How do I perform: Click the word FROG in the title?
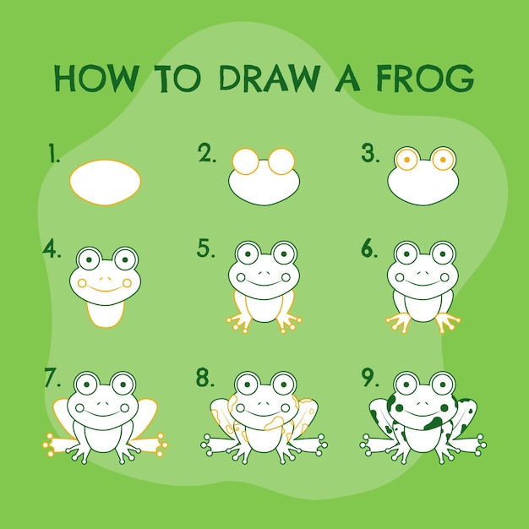pos(425,79)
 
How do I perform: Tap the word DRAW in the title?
pos(270,79)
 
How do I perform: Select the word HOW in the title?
pos(97,79)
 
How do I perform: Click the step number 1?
pos(53,153)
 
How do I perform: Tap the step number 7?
pos(52,378)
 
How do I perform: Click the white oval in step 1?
pos(106,183)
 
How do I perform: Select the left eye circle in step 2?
pos(245,161)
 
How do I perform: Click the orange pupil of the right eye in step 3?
pos(443,160)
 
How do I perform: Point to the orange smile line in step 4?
pos(105,288)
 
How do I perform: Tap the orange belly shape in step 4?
pos(106,314)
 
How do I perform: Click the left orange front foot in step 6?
pos(399,322)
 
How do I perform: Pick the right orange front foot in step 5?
pos(289,323)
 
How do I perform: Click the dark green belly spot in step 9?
pos(434,423)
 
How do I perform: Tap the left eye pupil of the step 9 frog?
pos(406,384)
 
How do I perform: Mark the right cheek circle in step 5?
pos(286,277)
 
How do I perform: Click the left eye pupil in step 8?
pos(248,384)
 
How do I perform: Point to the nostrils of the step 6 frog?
pos(423,264)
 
